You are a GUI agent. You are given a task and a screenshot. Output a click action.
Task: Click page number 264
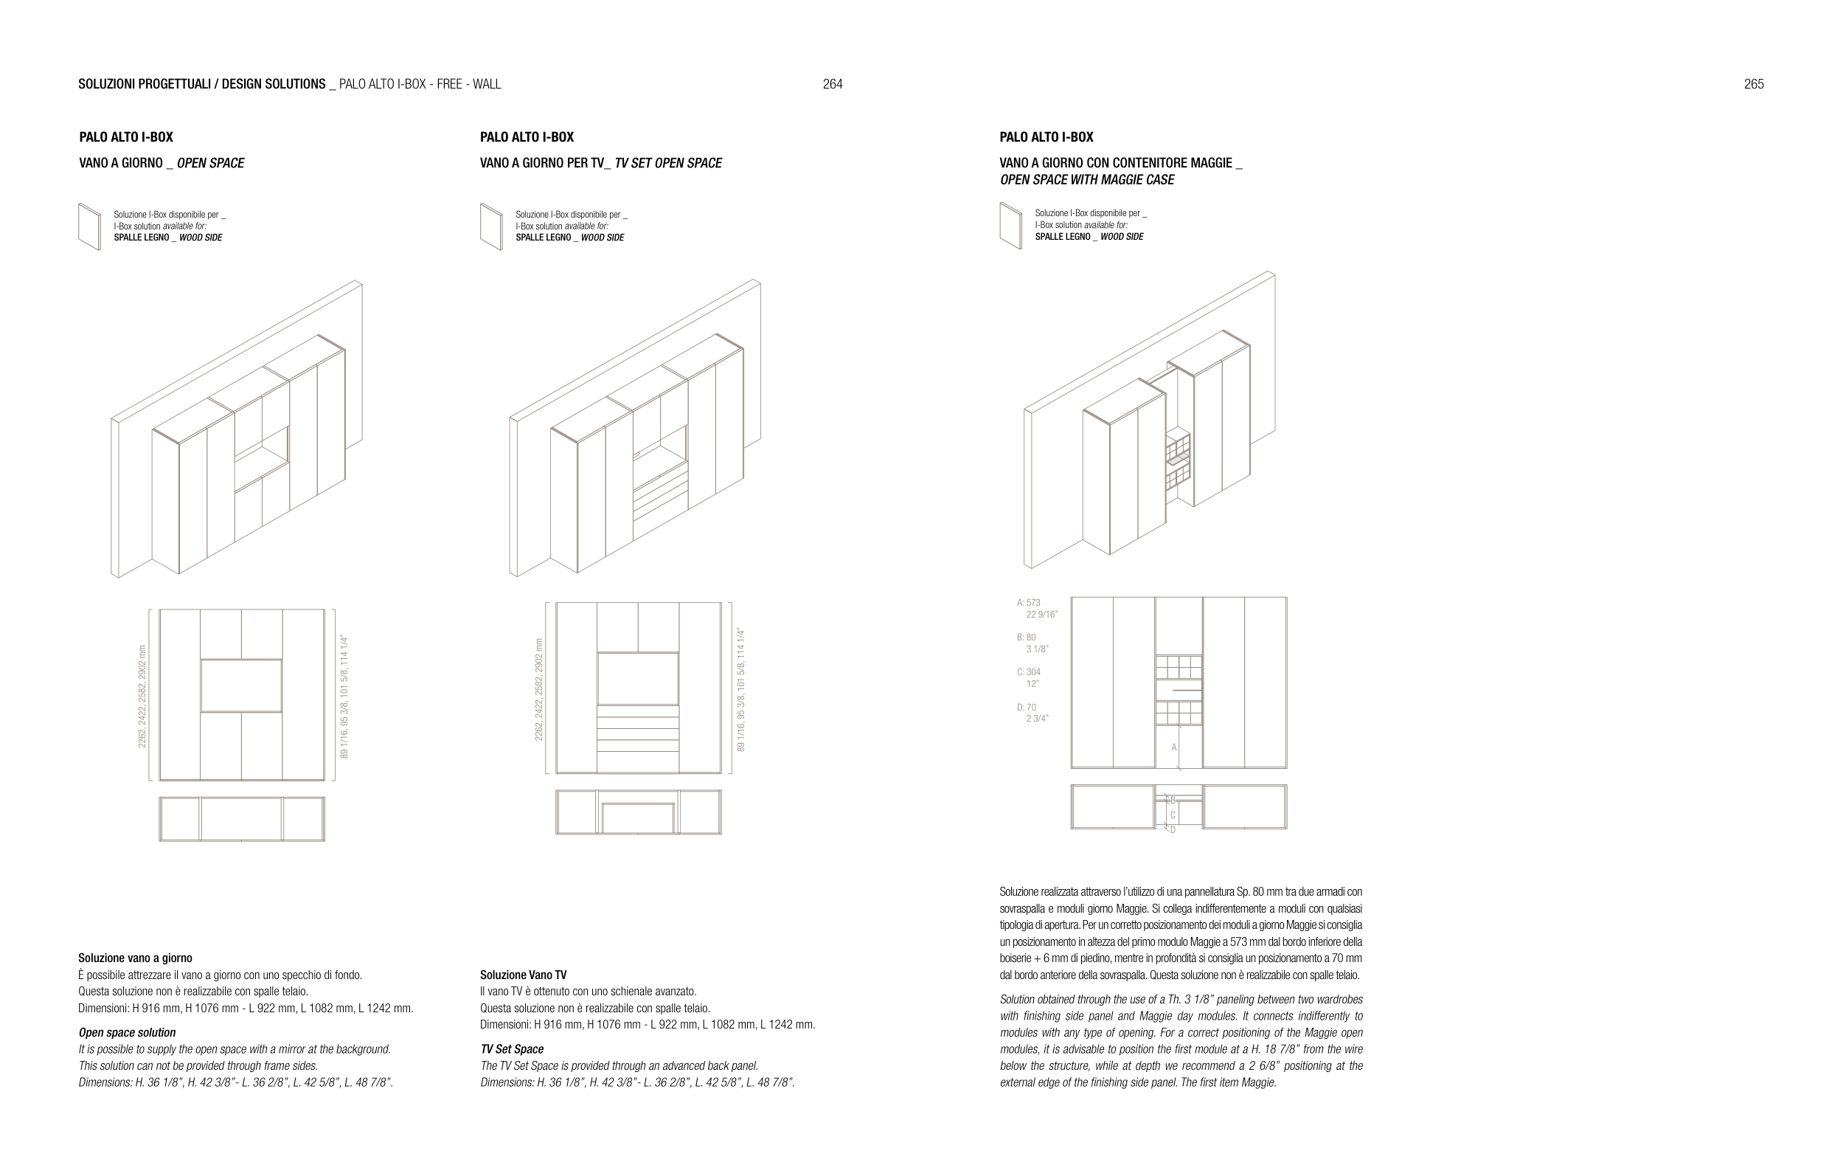click(832, 84)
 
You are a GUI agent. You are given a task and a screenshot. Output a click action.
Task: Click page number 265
click(1754, 84)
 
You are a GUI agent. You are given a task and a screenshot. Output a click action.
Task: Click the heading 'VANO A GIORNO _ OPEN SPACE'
click(162, 163)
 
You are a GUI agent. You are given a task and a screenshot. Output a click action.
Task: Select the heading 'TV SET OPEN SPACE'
click(667, 163)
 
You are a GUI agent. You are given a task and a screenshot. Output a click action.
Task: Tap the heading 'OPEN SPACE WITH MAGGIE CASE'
click(1087, 180)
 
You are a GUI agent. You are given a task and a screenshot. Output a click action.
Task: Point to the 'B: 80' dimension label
click(1027, 637)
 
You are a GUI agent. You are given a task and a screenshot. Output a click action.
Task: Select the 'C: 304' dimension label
click(1029, 672)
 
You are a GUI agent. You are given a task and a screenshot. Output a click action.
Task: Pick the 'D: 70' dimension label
click(1027, 708)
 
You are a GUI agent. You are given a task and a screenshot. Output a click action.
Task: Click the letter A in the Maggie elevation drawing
click(1174, 747)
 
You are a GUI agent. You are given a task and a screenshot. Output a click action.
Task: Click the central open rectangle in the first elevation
click(241, 686)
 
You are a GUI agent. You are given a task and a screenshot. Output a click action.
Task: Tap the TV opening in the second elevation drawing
click(637, 678)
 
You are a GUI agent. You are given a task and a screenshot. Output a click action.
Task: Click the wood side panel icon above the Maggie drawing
click(1010, 226)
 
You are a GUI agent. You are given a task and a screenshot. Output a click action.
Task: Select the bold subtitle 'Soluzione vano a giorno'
click(136, 958)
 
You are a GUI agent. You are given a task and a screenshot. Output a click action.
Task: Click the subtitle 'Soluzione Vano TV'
click(524, 975)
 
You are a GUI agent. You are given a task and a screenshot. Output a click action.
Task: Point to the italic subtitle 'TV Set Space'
click(512, 1049)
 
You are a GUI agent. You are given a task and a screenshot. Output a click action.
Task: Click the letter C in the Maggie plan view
click(1173, 815)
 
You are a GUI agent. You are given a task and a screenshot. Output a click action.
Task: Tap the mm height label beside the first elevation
click(142, 696)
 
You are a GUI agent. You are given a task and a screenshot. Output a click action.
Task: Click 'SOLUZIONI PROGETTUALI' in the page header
click(145, 84)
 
